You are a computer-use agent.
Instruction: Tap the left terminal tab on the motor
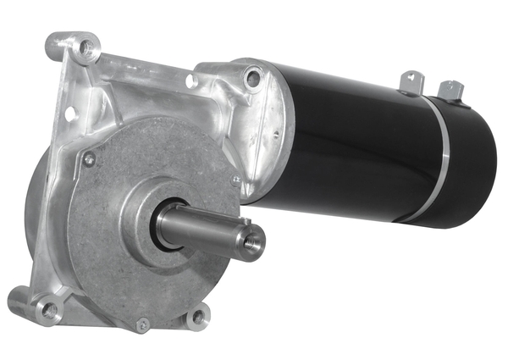click(412, 81)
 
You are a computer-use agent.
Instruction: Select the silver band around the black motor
click(442, 161)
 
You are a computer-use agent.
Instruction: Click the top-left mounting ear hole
click(84, 48)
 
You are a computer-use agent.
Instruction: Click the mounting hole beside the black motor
click(253, 80)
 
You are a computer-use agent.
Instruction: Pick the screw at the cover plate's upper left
click(89, 158)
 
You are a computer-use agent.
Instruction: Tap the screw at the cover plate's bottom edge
click(143, 324)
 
